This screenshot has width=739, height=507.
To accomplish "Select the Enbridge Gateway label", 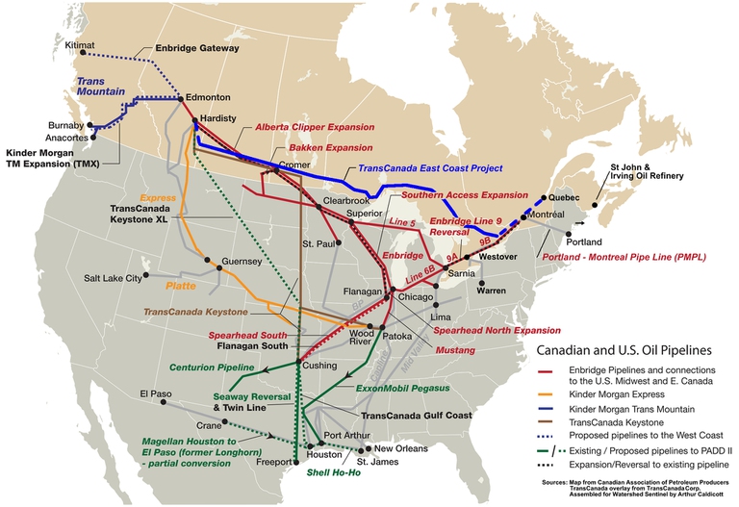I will coord(197,47).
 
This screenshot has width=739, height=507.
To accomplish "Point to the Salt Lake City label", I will coord(113,278).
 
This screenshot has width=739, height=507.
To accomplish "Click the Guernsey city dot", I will coord(220,268).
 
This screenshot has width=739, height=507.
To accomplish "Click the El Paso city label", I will coord(154,393).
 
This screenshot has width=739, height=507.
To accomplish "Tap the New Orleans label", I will coord(402,449).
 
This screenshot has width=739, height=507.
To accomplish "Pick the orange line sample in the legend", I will coord(547,393).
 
